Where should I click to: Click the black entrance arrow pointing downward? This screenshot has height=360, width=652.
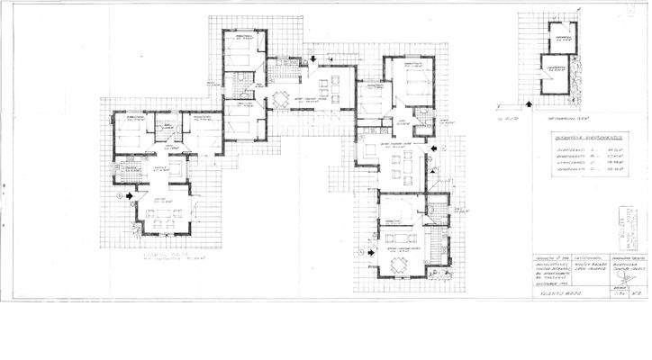point(312,60)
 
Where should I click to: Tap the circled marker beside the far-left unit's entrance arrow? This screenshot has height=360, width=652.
point(120,193)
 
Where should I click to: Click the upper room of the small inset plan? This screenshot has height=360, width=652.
point(564,36)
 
